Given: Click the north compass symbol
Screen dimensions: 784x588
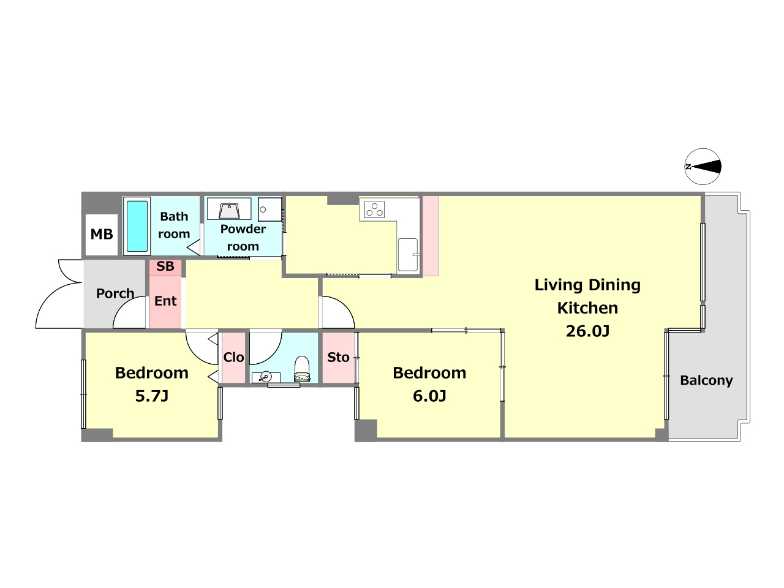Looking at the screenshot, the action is (x=703, y=167).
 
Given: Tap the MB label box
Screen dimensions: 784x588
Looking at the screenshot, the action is (x=102, y=235).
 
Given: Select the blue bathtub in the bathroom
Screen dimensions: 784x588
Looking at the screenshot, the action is (x=137, y=226).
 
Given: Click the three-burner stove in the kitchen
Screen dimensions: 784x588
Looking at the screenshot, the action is (x=374, y=209).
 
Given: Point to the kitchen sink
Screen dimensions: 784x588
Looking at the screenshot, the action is (x=408, y=255).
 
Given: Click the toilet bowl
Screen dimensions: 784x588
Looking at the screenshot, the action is (x=302, y=369).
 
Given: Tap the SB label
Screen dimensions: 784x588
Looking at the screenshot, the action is (x=165, y=266).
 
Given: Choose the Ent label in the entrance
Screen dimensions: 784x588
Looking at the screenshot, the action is (x=165, y=301).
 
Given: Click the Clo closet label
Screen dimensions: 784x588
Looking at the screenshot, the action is (x=233, y=357).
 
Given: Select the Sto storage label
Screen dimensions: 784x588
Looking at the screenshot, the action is (x=338, y=357).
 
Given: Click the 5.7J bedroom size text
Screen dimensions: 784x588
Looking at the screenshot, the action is (x=152, y=396).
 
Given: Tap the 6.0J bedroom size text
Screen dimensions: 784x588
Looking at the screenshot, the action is (x=429, y=396).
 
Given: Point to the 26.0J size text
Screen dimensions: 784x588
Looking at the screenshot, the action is (x=587, y=331).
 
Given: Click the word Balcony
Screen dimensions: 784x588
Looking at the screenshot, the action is (x=706, y=380).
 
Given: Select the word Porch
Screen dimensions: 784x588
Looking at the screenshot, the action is (x=115, y=293).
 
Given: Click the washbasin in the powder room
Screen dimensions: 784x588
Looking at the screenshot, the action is (x=229, y=209).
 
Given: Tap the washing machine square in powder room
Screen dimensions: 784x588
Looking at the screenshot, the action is (x=270, y=209).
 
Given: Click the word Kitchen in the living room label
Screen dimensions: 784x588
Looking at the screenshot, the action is (x=587, y=308).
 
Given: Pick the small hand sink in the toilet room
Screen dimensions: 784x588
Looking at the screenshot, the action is (x=266, y=377).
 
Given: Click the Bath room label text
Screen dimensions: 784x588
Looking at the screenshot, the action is (x=174, y=225).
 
